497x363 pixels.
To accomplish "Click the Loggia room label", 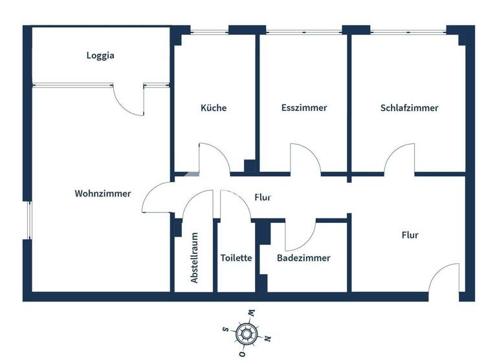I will (100, 55).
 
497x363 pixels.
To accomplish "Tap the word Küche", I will (214, 108).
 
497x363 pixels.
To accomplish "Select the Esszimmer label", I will (304, 108).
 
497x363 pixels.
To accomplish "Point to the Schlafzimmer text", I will (409, 108).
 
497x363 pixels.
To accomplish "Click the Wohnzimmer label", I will (103, 193).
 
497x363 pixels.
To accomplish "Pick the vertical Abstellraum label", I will (194, 258).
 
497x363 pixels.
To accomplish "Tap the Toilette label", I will (236, 257).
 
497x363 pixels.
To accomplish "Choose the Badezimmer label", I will (304, 257).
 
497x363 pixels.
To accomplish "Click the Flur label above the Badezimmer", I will (262, 197).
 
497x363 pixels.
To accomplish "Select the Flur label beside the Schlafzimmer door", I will (410, 235).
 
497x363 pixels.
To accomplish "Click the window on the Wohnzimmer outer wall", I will (28, 220).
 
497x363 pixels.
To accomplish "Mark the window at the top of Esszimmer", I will (304, 30).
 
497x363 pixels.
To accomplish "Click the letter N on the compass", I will (267, 338).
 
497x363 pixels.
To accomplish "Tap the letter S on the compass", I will (225, 329).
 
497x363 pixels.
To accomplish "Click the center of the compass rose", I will (246, 334).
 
